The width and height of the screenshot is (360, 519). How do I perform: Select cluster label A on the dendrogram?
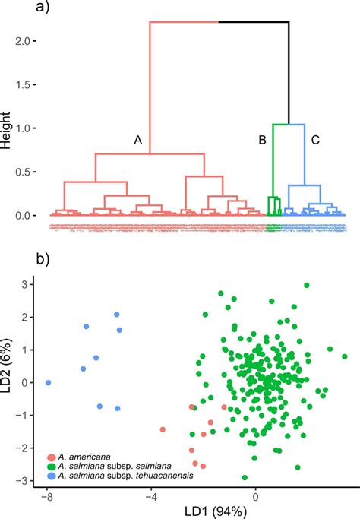point(137,140)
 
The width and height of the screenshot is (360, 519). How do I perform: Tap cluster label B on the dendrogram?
point(262,140)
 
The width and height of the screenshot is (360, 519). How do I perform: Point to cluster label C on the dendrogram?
point(314,140)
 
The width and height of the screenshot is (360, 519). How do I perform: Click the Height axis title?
point(7,128)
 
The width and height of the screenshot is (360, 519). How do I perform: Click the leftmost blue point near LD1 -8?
point(49,383)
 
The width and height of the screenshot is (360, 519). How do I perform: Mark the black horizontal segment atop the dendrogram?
point(254,22)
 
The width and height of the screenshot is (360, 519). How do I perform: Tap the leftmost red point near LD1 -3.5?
point(163,429)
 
